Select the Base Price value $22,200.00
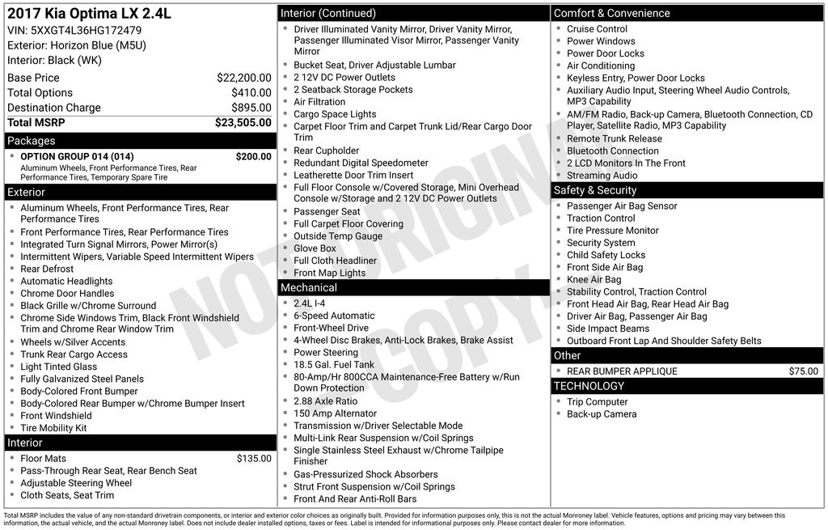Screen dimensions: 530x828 coord(243,78)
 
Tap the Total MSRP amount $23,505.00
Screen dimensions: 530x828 coord(243,123)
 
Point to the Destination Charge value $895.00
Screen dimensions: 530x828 coord(251,108)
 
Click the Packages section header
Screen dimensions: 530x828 coord(32,141)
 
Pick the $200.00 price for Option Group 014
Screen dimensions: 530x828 coord(253,156)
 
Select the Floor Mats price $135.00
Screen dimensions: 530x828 coord(254,459)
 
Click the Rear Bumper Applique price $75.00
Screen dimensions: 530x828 coord(803,371)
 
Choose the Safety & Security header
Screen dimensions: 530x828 coord(595,190)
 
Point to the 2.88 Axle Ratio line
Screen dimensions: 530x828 coord(325,401)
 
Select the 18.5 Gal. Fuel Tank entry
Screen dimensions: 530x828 coord(334,365)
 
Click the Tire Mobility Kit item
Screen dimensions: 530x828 coord(53,428)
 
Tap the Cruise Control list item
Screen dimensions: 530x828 coord(597,28)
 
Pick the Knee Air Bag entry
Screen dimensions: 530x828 coord(594,280)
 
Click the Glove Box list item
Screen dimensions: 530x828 coord(315,248)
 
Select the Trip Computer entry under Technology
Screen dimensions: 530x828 coord(597,402)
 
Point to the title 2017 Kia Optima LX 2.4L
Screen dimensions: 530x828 coord(89,14)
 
